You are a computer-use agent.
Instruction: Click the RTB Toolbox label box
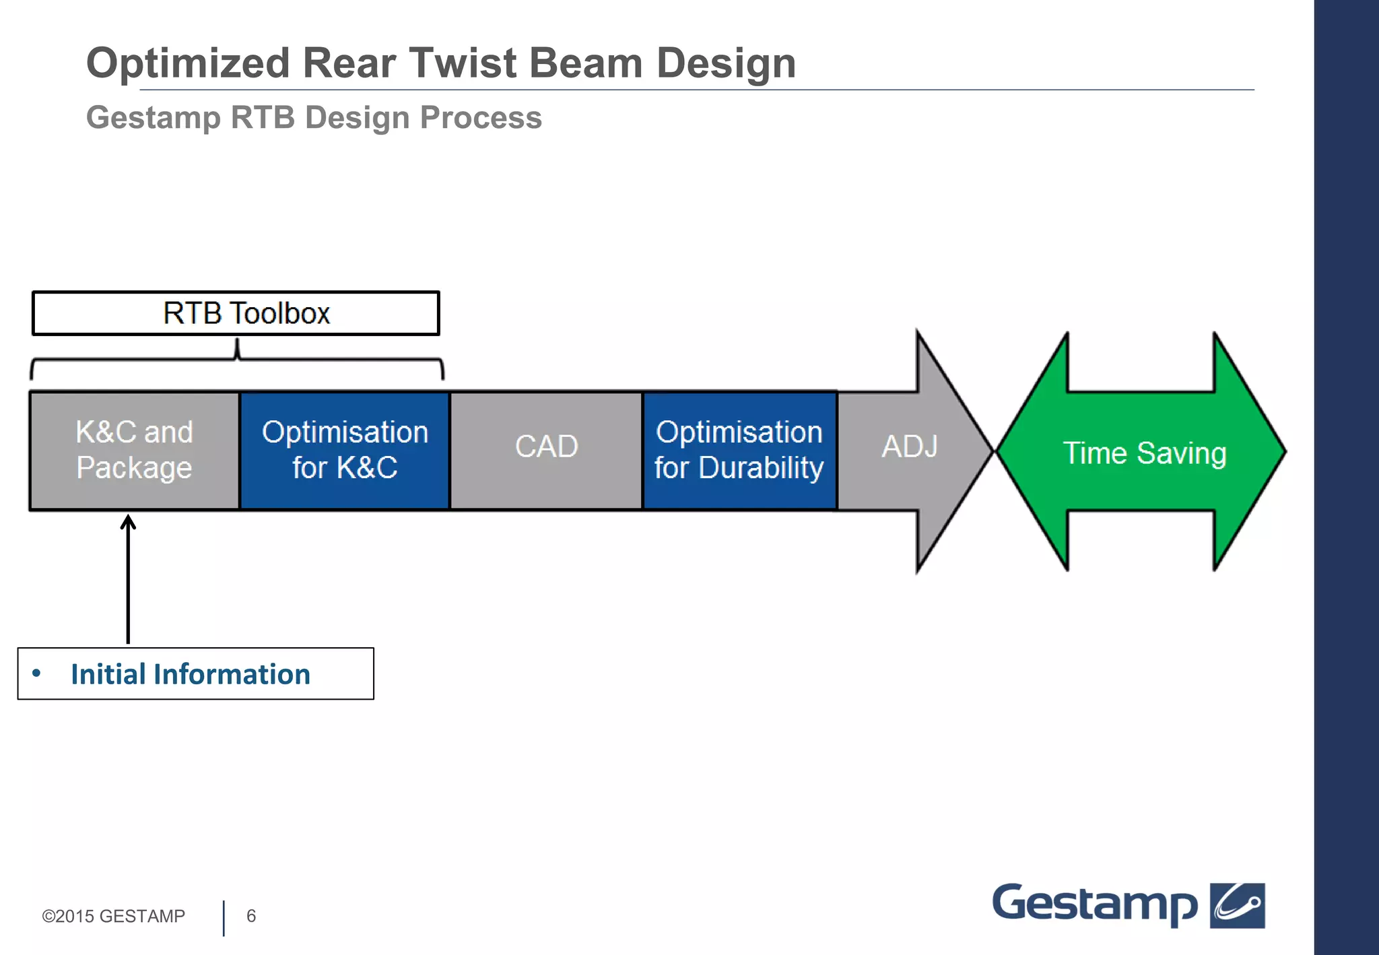point(236,313)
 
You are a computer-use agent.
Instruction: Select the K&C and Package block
point(135,450)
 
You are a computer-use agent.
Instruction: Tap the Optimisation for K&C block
point(345,450)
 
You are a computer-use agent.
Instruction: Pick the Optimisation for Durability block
point(739,450)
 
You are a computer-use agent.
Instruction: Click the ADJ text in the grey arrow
point(909,446)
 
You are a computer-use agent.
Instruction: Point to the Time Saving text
point(1144,453)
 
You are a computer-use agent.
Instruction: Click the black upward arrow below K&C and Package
point(128,579)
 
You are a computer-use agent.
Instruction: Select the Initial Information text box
point(195,673)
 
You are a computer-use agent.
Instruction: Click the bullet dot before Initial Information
point(36,673)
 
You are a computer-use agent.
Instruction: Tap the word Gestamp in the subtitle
point(154,118)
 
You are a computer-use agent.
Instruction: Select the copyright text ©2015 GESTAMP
point(113,916)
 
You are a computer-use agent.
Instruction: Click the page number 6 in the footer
point(251,916)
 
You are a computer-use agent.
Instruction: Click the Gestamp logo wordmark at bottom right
point(1094,904)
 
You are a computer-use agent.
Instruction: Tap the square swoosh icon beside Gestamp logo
point(1237,905)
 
